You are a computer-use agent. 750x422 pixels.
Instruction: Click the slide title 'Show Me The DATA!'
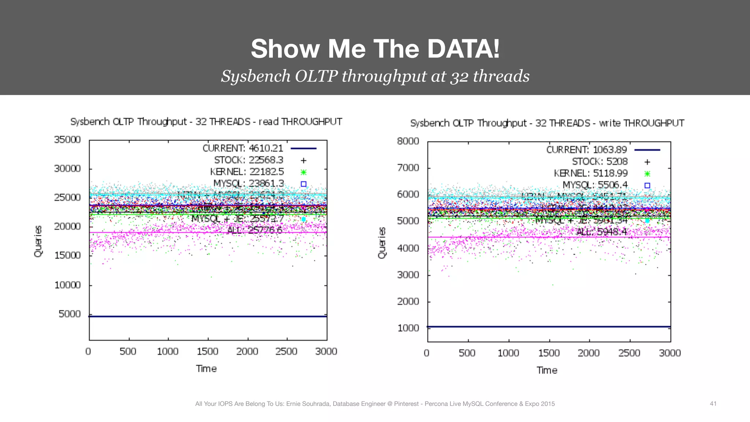(x=375, y=49)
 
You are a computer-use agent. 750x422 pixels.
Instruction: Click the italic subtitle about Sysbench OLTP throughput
(x=375, y=76)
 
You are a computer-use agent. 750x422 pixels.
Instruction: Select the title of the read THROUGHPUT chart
(x=206, y=122)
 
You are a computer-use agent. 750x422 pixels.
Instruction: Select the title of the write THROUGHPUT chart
(x=547, y=123)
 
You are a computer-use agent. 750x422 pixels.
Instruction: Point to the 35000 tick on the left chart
(x=67, y=140)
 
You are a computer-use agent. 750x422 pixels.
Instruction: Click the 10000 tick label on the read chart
(x=67, y=285)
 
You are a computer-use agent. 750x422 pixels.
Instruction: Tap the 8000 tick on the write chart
(x=408, y=141)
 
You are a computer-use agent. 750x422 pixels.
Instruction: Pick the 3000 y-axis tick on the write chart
(x=408, y=275)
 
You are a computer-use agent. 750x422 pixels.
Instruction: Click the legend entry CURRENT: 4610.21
(x=243, y=148)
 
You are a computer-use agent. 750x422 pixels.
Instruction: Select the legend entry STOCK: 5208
(x=599, y=162)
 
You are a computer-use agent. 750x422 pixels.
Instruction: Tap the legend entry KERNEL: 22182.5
(x=247, y=172)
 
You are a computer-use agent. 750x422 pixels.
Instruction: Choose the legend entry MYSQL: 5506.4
(x=595, y=185)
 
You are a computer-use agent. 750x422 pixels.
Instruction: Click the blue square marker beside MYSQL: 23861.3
(x=304, y=184)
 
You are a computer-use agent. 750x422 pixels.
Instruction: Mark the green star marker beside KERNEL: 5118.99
(x=647, y=174)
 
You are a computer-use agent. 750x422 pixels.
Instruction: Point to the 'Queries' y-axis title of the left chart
(x=38, y=241)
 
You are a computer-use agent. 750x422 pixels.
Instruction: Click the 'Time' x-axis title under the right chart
(x=547, y=370)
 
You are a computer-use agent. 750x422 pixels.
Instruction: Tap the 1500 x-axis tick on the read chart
(x=207, y=352)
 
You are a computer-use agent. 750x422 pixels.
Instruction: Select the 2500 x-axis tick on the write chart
(x=629, y=353)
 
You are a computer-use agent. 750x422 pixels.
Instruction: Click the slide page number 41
(x=713, y=404)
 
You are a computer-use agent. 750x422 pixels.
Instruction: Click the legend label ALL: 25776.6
(x=255, y=230)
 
